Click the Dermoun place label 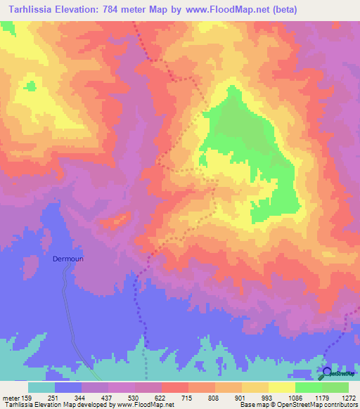[68, 259]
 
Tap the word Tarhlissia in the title [34, 10]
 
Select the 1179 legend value [321, 397]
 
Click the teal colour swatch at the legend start [41, 387]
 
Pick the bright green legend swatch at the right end [335, 387]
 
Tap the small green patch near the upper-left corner [30, 86]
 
